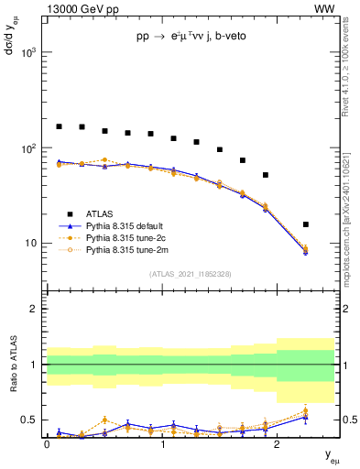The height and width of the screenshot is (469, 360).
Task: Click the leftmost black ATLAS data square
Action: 59,126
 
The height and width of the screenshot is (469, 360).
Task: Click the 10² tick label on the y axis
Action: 28,148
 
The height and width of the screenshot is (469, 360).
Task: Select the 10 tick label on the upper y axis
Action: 31,244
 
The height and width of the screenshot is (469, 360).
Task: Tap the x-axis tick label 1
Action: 162,444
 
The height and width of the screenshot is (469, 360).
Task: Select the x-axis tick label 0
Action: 48,444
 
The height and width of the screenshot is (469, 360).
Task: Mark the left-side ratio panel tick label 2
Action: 35,309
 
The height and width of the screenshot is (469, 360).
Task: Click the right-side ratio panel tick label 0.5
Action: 347,420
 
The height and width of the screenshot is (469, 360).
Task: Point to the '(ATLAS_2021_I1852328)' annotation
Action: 191,274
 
